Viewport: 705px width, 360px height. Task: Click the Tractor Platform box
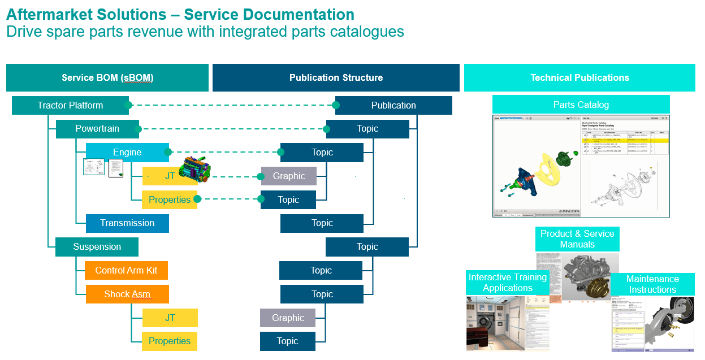point(70,105)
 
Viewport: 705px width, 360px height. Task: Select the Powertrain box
point(97,129)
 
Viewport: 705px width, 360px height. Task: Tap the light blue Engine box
point(127,153)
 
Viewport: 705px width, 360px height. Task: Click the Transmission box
point(127,223)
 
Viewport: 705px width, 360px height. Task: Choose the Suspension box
point(97,247)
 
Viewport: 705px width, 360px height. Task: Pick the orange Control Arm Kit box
point(126,270)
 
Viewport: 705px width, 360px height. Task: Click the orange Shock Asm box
point(127,294)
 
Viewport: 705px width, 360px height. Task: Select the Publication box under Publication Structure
point(393,105)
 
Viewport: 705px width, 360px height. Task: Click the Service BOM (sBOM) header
point(107,78)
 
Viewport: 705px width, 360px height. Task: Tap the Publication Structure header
point(336,78)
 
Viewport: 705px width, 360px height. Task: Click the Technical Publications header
point(579,78)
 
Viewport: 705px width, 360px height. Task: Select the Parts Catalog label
point(581,105)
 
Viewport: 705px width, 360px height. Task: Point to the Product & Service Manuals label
point(577,239)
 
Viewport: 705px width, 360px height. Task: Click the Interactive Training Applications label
point(508,283)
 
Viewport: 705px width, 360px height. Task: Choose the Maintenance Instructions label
point(652,284)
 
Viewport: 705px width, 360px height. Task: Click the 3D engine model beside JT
point(194,171)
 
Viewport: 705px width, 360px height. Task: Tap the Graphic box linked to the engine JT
point(289,176)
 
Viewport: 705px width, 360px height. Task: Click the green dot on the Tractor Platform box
point(128,105)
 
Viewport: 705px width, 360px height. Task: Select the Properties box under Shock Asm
point(170,341)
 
